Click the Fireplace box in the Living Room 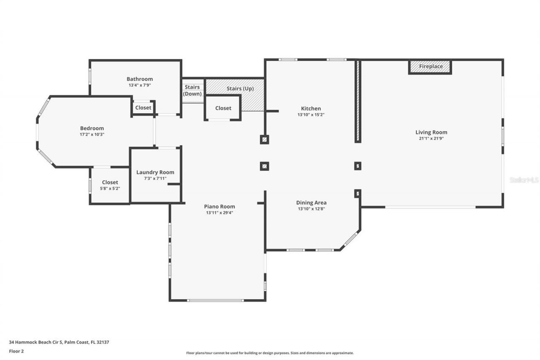pyautogui.click(x=430, y=67)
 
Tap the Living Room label pyautogui.click(x=431, y=132)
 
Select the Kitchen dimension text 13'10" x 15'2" pyautogui.click(x=311, y=115)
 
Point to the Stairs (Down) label pyautogui.click(x=192, y=90)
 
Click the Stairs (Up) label pyautogui.click(x=240, y=89)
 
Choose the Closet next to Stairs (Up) pyautogui.click(x=223, y=108)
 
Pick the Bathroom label pyautogui.click(x=140, y=79)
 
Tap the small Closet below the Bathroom pyautogui.click(x=143, y=108)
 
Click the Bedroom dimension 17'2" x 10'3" pyautogui.click(x=92, y=134)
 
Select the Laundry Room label pyautogui.click(x=155, y=172)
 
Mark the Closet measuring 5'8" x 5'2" pyautogui.click(x=110, y=188)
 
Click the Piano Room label pyautogui.click(x=219, y=206)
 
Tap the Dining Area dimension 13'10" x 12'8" pyautogui.click(x=311, y=208)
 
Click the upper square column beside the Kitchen pyautogui.click(x=265, y=139)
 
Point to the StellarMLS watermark pyautogui.click(x=524, y=180)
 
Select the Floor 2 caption pyautogui.click(x=16, y=351)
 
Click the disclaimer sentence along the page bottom pyautogui.click(x=270, y=353)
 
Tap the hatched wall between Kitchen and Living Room pyautogui.click(x=357, y=101)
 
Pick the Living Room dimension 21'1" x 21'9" pyautogui.click(x=431, y=138)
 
